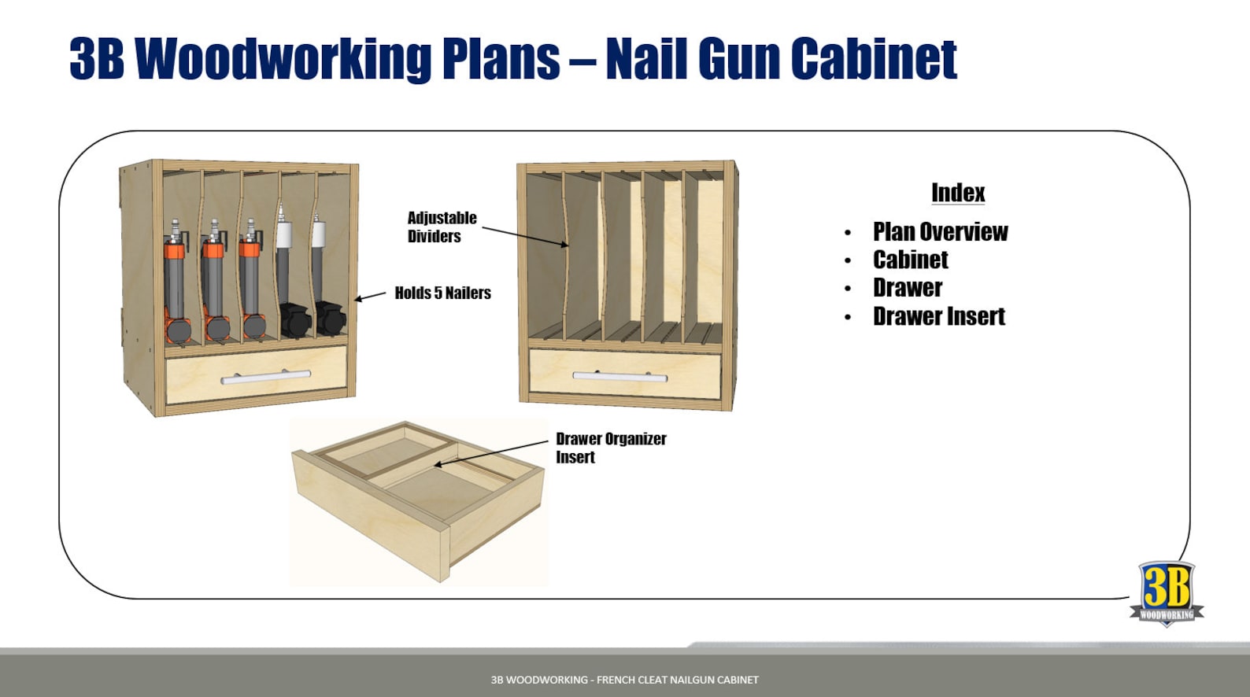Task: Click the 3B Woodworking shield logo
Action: coord(1167,592)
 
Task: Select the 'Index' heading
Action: coord(957,193)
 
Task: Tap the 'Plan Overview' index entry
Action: coord(940,232)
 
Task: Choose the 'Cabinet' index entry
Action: coord(910,260)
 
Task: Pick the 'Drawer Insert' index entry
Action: coord(938,316)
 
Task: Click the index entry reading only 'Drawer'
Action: coord(907,288)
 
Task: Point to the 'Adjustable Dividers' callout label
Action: coord(442,227)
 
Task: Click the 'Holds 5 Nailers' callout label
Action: coord(442,293)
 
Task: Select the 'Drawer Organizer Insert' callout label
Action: coord(610,447)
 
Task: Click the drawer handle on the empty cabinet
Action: coord(619,376)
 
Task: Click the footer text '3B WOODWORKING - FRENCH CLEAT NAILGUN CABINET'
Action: coord(624,680)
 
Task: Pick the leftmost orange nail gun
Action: coord(176,283)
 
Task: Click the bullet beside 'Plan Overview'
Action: coord(847,233)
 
